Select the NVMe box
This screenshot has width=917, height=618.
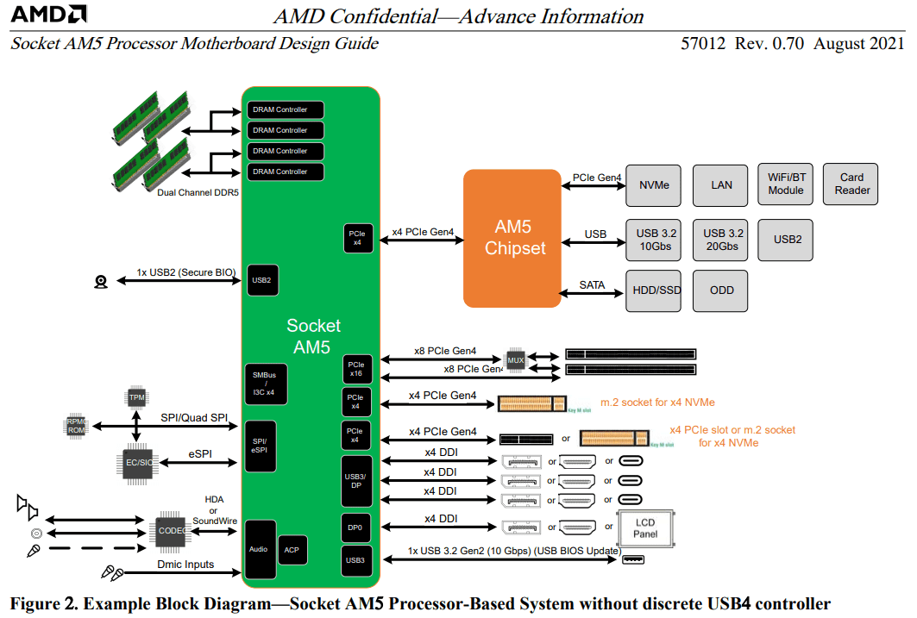pos(653,184)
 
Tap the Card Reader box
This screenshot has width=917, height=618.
pos(851,184)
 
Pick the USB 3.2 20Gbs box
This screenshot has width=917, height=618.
pos(722,239)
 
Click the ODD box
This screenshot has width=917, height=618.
pos(721,290)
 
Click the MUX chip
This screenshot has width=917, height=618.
pos(516,359)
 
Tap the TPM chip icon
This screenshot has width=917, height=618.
pos(136,396)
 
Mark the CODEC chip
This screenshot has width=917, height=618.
pos(170,530)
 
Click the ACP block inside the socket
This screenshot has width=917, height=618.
pos(292,550)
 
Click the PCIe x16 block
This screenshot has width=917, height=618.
pos(356,369)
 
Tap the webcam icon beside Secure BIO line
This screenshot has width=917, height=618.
pos(101,281)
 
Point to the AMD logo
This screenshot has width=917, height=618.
pos(48,15)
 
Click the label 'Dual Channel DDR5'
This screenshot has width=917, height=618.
pos(198,192)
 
